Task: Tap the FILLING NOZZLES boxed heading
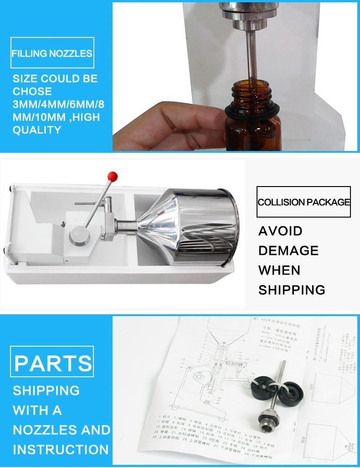coord(52,53)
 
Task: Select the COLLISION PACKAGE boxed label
coord(304,202)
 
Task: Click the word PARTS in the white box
coord(53,363)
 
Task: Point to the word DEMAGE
coord(288,250)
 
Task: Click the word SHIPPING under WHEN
coord(292,290)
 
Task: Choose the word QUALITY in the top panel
coord(37,130)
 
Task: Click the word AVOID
coord(280,231)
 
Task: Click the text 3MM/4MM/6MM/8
coord(58,104)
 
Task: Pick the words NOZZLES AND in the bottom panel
coord(62,430)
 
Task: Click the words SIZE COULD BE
coord(55,78)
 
